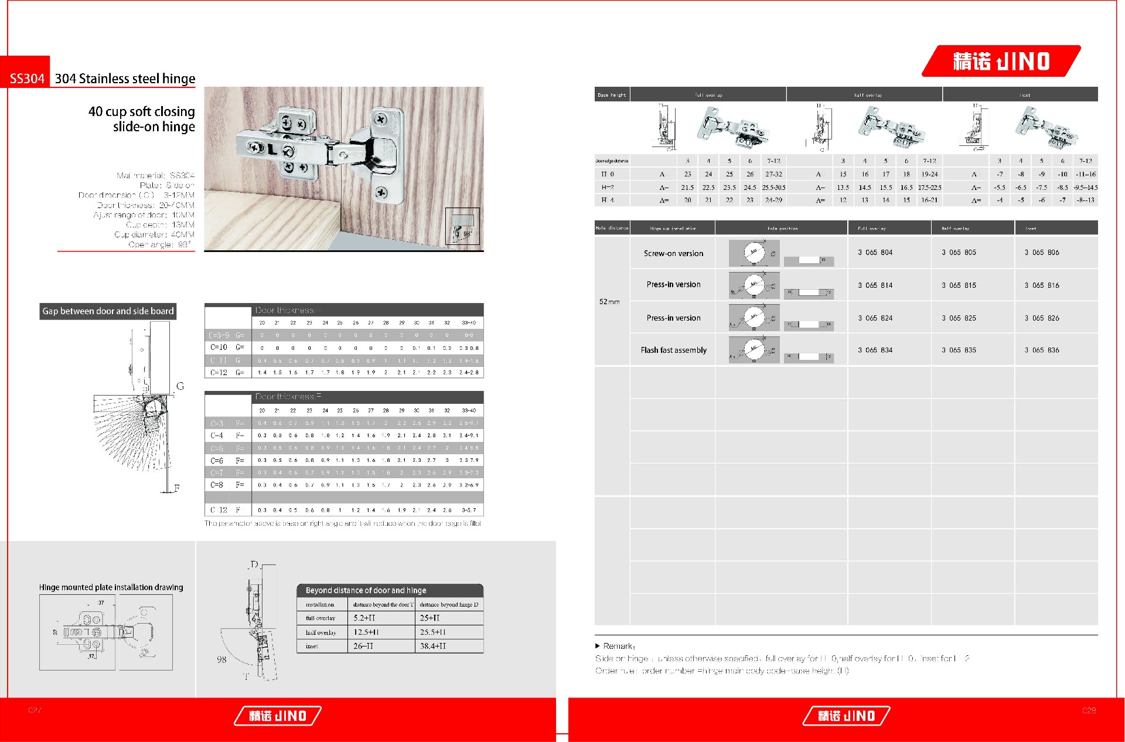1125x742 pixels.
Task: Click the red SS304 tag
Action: [x=27, y=79]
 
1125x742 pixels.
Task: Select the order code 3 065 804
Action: [x=875, y=253]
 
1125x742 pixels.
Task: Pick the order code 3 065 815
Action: [x=959, y=285]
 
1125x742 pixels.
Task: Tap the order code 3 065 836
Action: [x=1042, y=350]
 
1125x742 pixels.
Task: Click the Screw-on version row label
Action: [x=673, y=254]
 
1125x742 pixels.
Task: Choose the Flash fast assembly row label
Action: [x=673, y=350]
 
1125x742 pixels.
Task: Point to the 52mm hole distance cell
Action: [x=609, y=302]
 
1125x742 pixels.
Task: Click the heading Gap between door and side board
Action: [x=108, y=311]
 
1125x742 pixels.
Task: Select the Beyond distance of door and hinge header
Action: [x=366, y=590]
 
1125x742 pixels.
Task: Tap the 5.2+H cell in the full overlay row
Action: [x=364, y=618]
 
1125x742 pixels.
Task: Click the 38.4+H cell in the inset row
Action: [x=433, y=646]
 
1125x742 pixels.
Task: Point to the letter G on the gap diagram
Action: [x=180, y=386]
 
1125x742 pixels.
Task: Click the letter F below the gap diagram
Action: [x=176, y=488]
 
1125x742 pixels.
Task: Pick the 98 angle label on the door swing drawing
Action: [x=221, y=659]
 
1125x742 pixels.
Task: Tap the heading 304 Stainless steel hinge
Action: [x=125, y=79]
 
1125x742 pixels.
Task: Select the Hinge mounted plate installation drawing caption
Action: [x=111, y=587]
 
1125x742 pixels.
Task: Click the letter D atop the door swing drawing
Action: [x=254, y=564]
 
